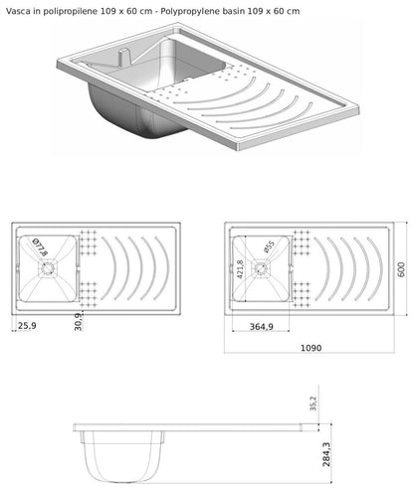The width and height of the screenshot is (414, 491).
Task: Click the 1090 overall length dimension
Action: (x=310, y=348)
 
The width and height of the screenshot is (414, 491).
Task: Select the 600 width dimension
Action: (x=401, y=269)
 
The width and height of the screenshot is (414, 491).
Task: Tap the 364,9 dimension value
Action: (x=262, y=327)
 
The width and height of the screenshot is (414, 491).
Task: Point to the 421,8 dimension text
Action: (x=241, y=269)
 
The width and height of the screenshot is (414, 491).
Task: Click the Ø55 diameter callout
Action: (x=270, y=246)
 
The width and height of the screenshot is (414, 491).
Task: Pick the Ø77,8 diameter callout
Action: (x=40, y=247)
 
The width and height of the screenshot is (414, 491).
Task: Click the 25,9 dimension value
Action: (x=27, y=326)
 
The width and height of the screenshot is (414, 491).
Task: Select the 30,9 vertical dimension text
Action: (x=78, y=322)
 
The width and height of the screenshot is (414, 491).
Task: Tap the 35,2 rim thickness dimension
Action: (x=313, y=404)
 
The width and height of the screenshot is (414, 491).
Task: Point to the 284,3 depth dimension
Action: (x=326, y=454)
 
